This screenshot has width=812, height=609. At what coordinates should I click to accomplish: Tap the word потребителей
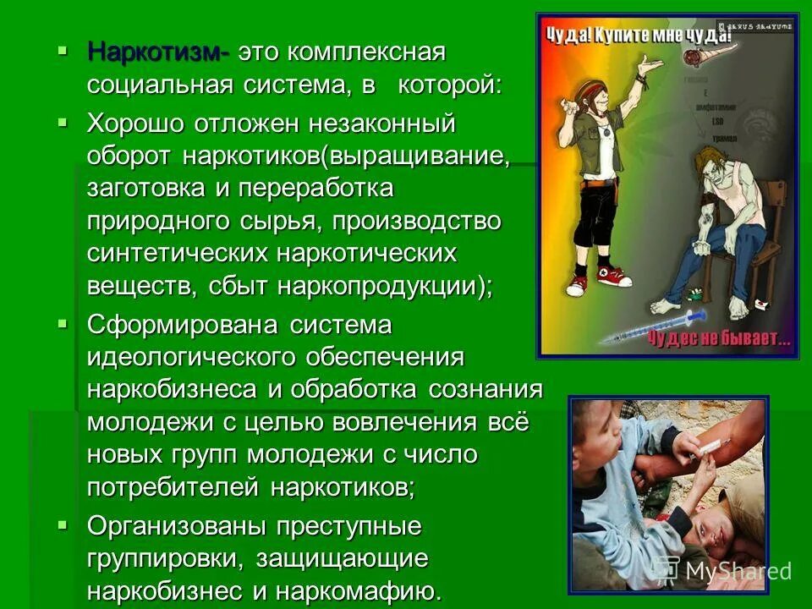[x=173, y=487]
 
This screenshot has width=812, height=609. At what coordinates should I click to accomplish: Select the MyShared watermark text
[x=736, y=571]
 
